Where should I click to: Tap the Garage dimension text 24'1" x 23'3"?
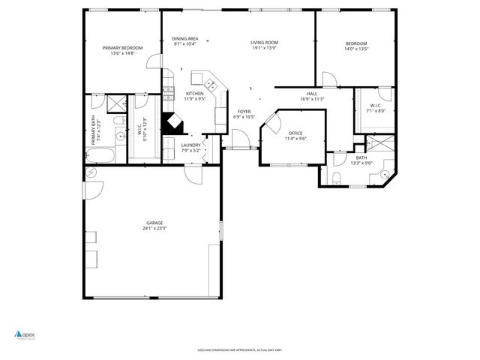click(x=155, y=229)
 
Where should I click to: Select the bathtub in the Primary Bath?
click(x=100, y=155)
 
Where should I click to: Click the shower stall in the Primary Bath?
click(x=116, y=103)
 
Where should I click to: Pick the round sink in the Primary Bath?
click(x=119, y=136)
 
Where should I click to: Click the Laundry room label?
click(x=190, y=145)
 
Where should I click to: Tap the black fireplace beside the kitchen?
click(x=172, y=123)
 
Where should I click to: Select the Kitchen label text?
click(x=194, y=94)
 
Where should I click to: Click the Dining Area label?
click(x=184, y=38)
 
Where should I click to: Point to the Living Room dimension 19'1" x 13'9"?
click(x=264, y=48)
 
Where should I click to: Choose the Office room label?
click(x=295, y=133)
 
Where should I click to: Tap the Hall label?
click(x=311, y=94)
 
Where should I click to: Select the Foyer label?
click(x=244, y=111)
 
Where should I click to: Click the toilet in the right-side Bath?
click(x=335, y=177)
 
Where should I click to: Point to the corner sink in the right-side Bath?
click(x=385, y=175)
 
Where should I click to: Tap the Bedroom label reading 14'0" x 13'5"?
click(x=356, y=43)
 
